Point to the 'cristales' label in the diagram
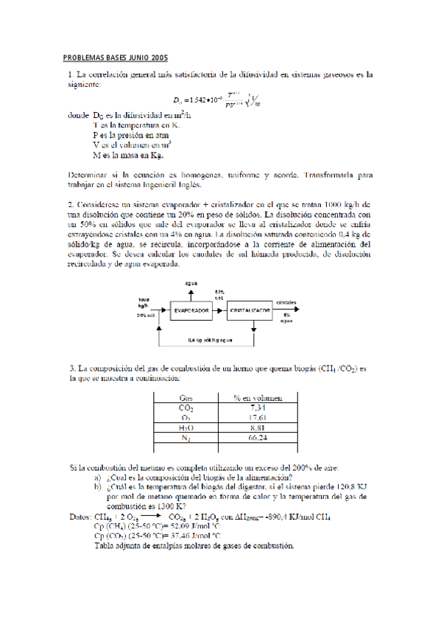click(x=287, y=302)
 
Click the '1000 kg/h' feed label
click(x=144, y=302)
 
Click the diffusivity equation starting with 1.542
click(x=214, y=100)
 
